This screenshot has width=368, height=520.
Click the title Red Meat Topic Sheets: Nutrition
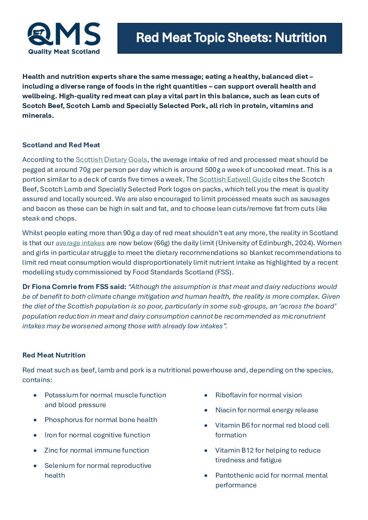coord(231,38)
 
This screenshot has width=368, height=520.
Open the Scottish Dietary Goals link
coord(111,160)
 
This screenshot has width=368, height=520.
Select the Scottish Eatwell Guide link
coord(235,180)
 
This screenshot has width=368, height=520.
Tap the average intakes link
coord(80,243)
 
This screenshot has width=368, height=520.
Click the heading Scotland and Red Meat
coord(61,145)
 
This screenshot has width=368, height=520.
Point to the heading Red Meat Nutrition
coord(54,355)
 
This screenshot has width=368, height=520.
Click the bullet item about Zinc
coord(96,451)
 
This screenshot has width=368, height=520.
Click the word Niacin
coord(225,410)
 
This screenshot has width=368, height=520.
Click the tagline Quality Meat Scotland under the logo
coord(64,52)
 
